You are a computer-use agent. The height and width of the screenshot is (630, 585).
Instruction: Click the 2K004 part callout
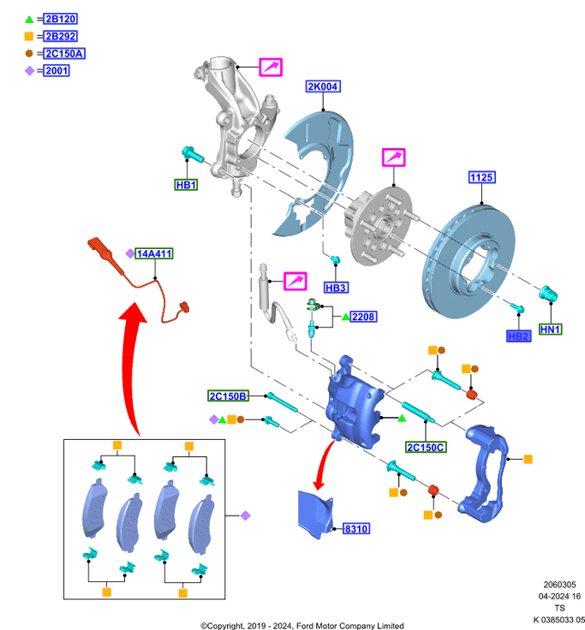click(x=323, y=86)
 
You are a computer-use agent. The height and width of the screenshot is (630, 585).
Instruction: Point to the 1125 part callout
click(x=481, y=178)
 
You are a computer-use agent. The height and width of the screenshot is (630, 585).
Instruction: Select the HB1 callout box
click(x=186, y=185)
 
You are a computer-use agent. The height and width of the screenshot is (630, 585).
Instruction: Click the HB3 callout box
click(x=336, y=288)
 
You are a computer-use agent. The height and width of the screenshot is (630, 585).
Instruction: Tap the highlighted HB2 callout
click(x=519, y=336)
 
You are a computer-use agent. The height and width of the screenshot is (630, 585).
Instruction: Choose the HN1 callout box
click(x=550, y=330)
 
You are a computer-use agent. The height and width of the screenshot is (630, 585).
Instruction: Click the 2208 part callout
click(x=363, y=318)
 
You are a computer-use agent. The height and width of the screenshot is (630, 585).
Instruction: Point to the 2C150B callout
click(x=228, y=396)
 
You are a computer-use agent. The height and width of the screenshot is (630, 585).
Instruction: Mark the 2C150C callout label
click(x=425, y=448)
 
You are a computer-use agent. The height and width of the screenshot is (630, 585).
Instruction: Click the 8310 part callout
click(x=356, y=530)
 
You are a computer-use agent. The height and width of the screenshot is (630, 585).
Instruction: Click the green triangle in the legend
click(x=29, y=20)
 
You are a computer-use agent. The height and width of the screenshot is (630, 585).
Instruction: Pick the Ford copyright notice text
click(x=302, y=625)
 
